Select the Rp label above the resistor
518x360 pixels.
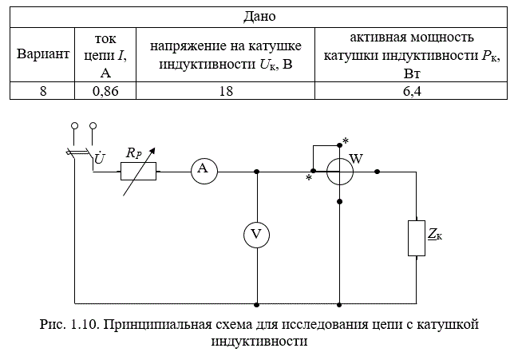pyautogui.click(x=134, y=153)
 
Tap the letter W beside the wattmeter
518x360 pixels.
pyautogui.click(x=356, y=159)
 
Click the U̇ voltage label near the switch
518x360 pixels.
pyautogui.click(x=100, y=158)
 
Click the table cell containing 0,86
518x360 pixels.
pyautogui.click(x=105, y=90)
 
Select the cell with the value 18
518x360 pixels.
pyautogui.click(x=225, y=90)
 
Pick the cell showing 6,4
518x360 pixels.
pyautogui.click(x=411, y=90)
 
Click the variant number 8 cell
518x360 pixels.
pyautogui.click(x=42, y=90)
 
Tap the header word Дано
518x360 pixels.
pyautogui.click(x=259, y=16)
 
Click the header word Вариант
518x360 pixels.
pyautogui.click(x=43, y=53)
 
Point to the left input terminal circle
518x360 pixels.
pyautogui.click(x=75, y=125)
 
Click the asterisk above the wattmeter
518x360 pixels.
pyautogui.click(x=346, y=141)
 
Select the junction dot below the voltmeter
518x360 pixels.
pyautogui.click(x=256, y=304)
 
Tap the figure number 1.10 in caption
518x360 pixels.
pyautogui.click(x=84, y=324)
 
